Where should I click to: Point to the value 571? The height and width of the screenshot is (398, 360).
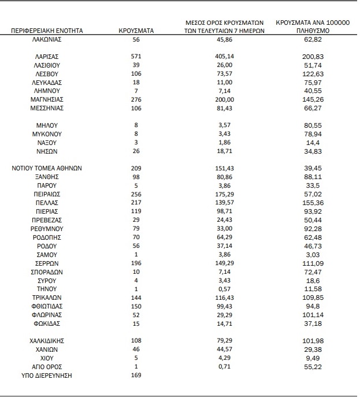(136, 57)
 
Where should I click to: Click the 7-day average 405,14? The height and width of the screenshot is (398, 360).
(224, 57)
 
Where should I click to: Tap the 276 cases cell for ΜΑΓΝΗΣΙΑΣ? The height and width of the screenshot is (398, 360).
(136, 99)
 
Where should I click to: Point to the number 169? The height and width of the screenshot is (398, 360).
(136, 375)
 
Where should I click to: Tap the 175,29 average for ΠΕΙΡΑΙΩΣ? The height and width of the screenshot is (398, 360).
(224, 195)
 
